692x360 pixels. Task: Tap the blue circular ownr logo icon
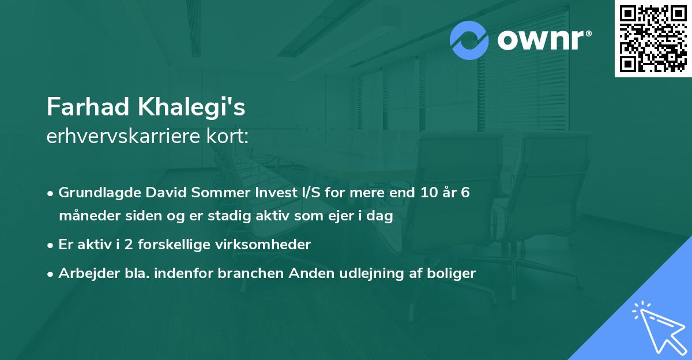tap(469, 40)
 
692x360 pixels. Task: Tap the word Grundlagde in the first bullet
tap(93, 193)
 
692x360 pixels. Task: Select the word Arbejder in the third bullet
tap(85, 273)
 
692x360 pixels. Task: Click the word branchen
tap(245, 273)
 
